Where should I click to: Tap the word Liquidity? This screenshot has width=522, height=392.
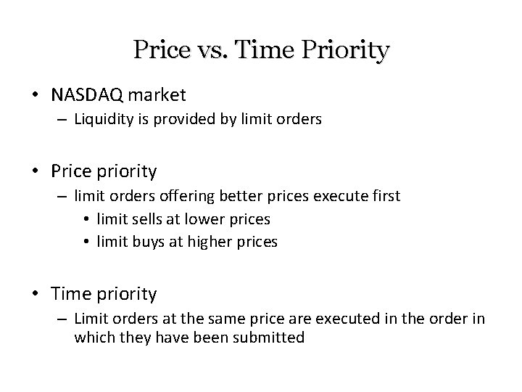point(102,120)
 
